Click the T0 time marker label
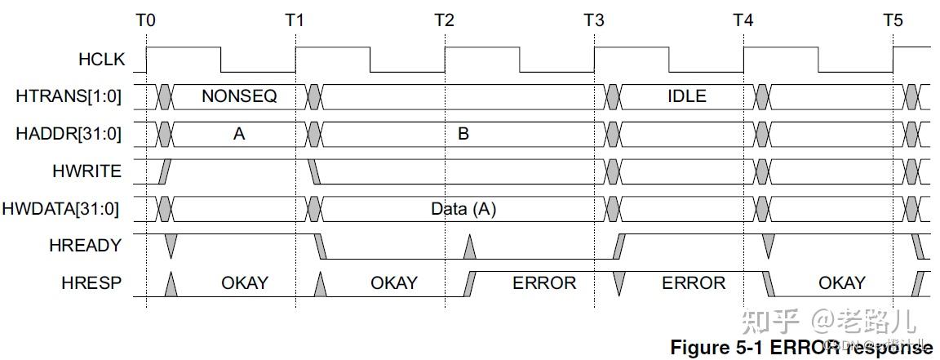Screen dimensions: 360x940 [x=145, y=20]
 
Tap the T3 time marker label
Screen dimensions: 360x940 [x=594, y=20]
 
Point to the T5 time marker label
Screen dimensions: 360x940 [x=893, y=20]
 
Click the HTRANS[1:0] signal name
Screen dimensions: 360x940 [x=69, y=96]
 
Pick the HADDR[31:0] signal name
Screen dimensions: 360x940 [x=69, y=133]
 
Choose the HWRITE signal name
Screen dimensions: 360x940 [x=91, y=171]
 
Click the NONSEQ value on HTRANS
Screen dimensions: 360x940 [x=239, y=96]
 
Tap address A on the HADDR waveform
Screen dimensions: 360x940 [x=239, y=134]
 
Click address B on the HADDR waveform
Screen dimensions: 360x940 [x=463, y=134]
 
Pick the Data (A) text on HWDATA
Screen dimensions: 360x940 [x=463, y=209]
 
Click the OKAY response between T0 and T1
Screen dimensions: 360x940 [x=245, y=283]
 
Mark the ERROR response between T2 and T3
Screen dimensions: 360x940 [x=544, y=283]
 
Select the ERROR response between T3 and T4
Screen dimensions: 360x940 [x=693, y=283]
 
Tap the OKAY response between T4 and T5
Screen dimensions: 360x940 [x=841, y=283]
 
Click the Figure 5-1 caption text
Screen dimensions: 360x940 [x=800, y=347]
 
